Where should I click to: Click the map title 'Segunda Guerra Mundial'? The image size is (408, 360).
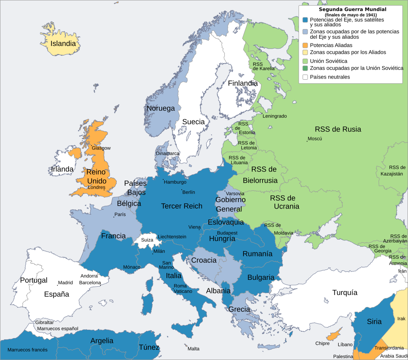tap(352, 9)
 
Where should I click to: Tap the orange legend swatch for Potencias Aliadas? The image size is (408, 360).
tap(305, 45)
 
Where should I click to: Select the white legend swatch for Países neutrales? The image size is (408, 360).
tap(305, 77)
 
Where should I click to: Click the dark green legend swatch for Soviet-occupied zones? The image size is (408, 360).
tap(305, 68)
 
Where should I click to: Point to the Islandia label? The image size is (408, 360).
tap(63, 43)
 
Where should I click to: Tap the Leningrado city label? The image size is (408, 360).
tap(275, 116)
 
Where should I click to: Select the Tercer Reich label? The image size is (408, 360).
tap(182, 206)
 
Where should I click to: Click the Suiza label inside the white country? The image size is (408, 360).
tap(147, 240)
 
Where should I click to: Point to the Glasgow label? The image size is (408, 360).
tap(101, 148)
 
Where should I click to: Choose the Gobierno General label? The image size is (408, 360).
tap(230, 204)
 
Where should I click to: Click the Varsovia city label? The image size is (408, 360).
tap(235, 193)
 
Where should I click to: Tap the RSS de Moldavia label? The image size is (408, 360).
tap(279, 229)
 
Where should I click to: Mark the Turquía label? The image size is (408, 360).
tap(345, 293)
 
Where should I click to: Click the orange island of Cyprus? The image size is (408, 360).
tap(336, 332)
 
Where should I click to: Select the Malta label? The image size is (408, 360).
tap(193, 349)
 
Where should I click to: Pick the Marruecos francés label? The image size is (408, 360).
tap(27, 350)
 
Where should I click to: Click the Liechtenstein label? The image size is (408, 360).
tap(172, 236)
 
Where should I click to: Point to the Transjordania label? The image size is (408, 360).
tap(389, 348)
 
